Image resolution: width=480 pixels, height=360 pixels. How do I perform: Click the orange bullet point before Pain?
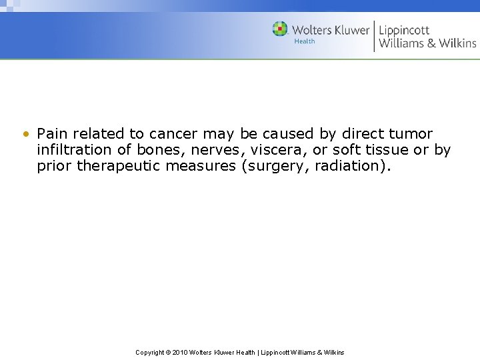pos(25,134)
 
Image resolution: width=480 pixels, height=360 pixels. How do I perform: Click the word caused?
pos(293,133)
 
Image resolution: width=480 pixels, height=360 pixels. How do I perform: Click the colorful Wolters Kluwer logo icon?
pos(280,29)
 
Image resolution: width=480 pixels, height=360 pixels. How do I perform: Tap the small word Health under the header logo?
pos(305,41)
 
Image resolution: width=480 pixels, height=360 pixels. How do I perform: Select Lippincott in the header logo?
pos(404,30)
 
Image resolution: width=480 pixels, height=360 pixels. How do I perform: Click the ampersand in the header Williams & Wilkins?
pos(432,43)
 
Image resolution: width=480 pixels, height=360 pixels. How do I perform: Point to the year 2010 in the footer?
pos(179,353)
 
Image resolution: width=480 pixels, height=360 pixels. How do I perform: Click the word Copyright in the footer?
pos(150,353)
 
